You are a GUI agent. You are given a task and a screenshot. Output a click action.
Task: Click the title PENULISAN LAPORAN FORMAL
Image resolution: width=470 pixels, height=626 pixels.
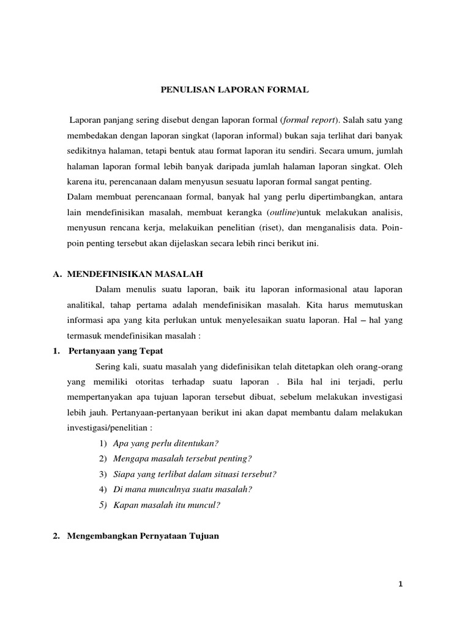[235, 90]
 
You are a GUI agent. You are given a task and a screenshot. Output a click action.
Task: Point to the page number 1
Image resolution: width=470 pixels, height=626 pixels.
[400, 584]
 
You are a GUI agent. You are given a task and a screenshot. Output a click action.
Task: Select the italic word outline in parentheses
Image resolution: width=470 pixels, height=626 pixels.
[279, 212]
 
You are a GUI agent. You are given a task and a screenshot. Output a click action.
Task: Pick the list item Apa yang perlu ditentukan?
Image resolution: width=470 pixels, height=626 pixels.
[166, 443]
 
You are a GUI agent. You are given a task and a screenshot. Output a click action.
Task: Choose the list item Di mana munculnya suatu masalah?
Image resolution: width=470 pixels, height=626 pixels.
[183, 489]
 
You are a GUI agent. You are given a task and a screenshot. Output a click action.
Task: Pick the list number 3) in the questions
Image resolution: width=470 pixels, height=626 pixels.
[102, 474]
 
